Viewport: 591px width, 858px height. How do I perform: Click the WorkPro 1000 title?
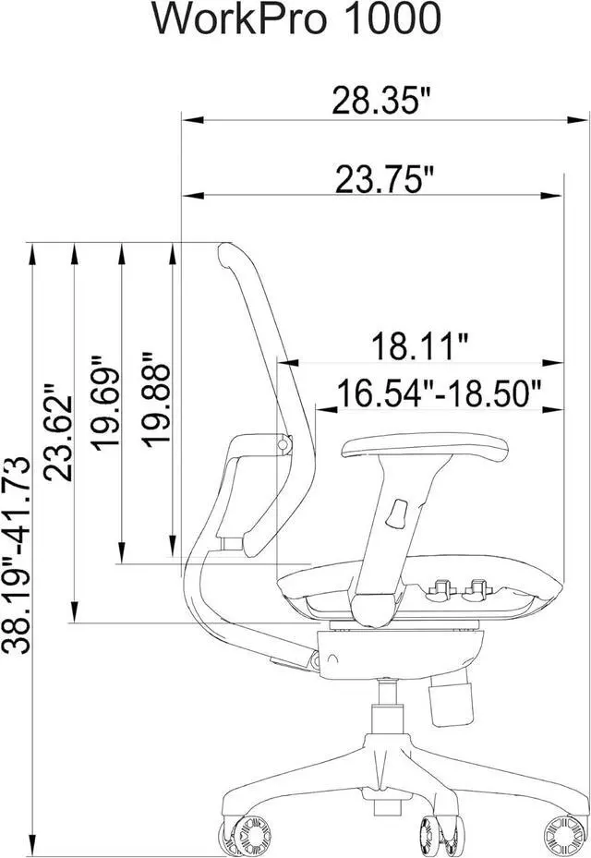296,19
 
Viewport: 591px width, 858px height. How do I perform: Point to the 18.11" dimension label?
420,346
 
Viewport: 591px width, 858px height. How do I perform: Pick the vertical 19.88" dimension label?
156,399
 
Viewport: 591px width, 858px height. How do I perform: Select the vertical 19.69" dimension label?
105,404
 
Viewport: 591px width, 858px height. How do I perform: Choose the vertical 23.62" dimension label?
58,432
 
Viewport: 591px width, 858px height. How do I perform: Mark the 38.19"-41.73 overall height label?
16,554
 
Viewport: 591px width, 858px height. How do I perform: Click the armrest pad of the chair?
425,446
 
